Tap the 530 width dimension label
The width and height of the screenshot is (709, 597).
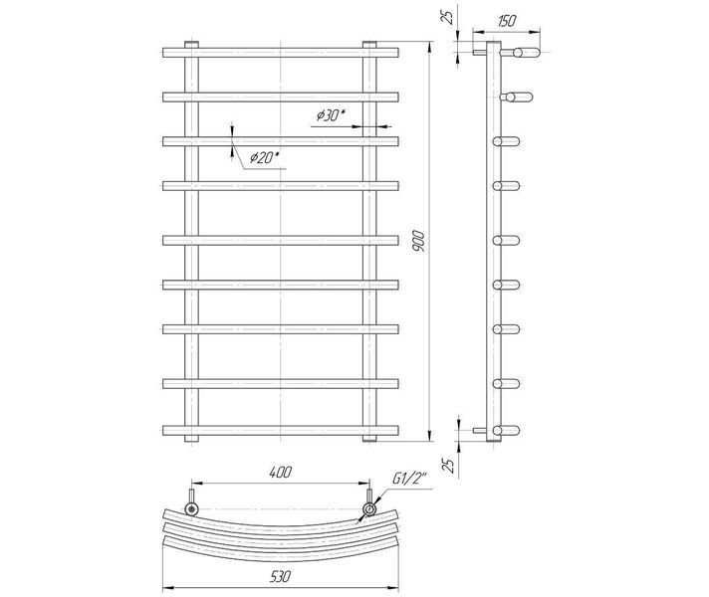pyautogui.click(x=281, y=576)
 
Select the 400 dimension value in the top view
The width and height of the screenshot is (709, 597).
pyautogui.click(x=281, y=472)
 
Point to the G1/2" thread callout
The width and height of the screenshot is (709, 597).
pyautogui.click(x=409, y=480)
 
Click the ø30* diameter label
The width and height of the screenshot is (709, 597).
pyautogui.click(x=331, y=116)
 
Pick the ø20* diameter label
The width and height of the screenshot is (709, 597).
pyautogui.click(x=265, y=157)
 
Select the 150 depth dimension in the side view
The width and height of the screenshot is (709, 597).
pyautogui.click(x=506, y=21)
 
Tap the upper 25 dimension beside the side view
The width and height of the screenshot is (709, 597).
pyautogui.click(x=448, y=17)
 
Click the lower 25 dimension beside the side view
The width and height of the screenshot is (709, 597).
pyautogui.click(x=448, y=465)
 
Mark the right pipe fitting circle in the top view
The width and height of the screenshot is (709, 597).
pyautogui.click(x=369, y=509)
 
